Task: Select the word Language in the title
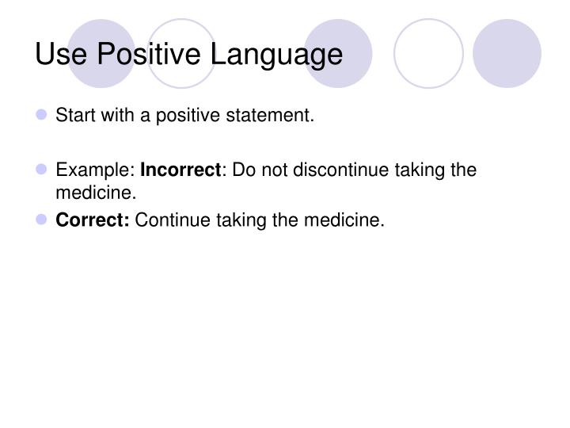click(275, 54)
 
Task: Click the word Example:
click(95, 170)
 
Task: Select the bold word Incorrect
click(180, 170)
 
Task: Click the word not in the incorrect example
click(267, 170)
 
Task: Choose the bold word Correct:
click(92, 220)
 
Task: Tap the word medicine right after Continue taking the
click(344, 220)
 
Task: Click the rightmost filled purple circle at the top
click(507, 52)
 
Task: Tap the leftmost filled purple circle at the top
click(101, 52)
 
